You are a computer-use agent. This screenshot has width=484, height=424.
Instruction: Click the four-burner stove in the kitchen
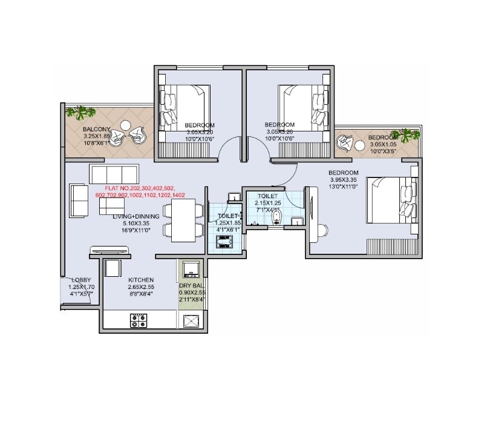click(139, 320)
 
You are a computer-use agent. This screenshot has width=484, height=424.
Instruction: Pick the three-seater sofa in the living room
click(114, 173)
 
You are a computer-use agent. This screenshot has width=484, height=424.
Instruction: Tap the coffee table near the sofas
click(111, 206)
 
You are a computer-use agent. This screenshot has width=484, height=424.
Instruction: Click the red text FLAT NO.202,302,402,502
click(140, 188)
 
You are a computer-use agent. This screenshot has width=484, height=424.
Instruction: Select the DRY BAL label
click(192, 285)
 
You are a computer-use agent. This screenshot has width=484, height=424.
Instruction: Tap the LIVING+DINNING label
click(136, 216)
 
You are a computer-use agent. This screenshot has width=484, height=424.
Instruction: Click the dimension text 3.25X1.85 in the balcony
click(97, 136)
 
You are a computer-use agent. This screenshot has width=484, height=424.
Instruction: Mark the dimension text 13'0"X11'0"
click(344, 187)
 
